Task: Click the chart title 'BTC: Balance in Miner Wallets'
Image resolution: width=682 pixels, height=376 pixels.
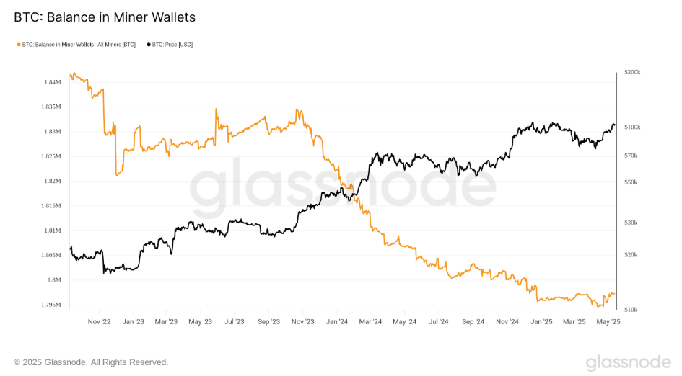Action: (105, 17)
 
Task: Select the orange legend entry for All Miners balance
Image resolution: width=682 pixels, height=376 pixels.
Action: (76, 45)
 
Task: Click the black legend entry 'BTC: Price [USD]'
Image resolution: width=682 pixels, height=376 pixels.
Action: (170, 45)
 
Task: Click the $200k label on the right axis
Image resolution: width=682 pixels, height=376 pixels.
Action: (631, 73)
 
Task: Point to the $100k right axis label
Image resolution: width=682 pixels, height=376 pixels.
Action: (631, 127)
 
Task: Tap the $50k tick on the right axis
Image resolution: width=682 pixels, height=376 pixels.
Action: (630, 182)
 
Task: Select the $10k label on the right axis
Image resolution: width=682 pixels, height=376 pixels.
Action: (630, 309)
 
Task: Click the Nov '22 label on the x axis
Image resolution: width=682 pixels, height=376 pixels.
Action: (98, 321)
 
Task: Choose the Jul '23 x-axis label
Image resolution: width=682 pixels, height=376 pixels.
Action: (235, 321)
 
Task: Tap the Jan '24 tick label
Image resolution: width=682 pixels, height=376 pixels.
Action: (338, 321)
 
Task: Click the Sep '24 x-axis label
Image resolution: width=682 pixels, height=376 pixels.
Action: (473, 321)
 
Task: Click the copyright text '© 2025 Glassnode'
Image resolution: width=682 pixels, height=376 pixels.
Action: (91, 362)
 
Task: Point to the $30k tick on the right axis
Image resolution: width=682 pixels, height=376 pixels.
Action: (630, 223)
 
